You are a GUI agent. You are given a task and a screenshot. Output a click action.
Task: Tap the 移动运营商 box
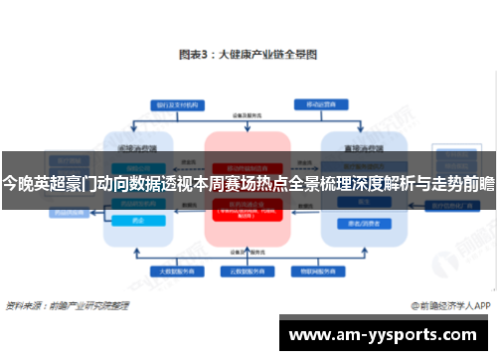coord(321,104)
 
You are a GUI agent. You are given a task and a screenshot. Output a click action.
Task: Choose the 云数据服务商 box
coord(243,270)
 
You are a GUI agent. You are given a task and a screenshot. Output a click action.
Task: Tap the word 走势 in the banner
coord(443,184)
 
